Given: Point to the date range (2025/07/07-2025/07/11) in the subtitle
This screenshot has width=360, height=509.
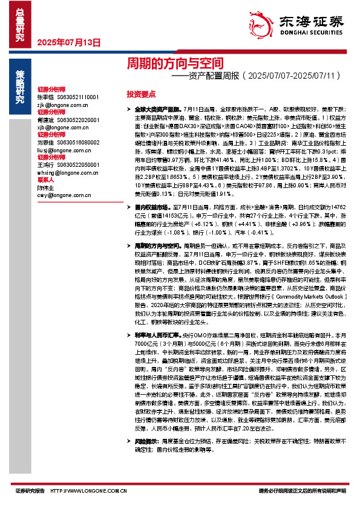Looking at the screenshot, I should (296, 76).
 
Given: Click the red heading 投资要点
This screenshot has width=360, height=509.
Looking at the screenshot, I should (142, 94).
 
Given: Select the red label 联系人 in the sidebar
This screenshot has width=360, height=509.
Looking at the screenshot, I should (45, 180).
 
